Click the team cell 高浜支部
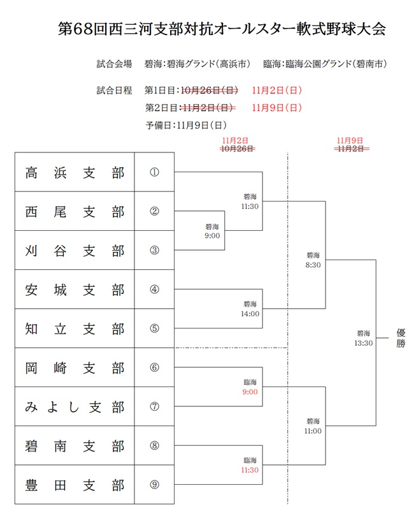75,173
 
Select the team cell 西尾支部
75,212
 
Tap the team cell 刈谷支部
75,251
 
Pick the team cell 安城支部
75,290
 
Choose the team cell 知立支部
75,329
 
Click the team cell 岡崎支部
75,368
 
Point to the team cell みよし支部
75,407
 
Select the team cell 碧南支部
75,446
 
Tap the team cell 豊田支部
75,485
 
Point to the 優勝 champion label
400,337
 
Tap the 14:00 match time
250,313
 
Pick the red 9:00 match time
250,392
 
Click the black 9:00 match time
212,235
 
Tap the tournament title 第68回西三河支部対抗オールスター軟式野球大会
221,30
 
